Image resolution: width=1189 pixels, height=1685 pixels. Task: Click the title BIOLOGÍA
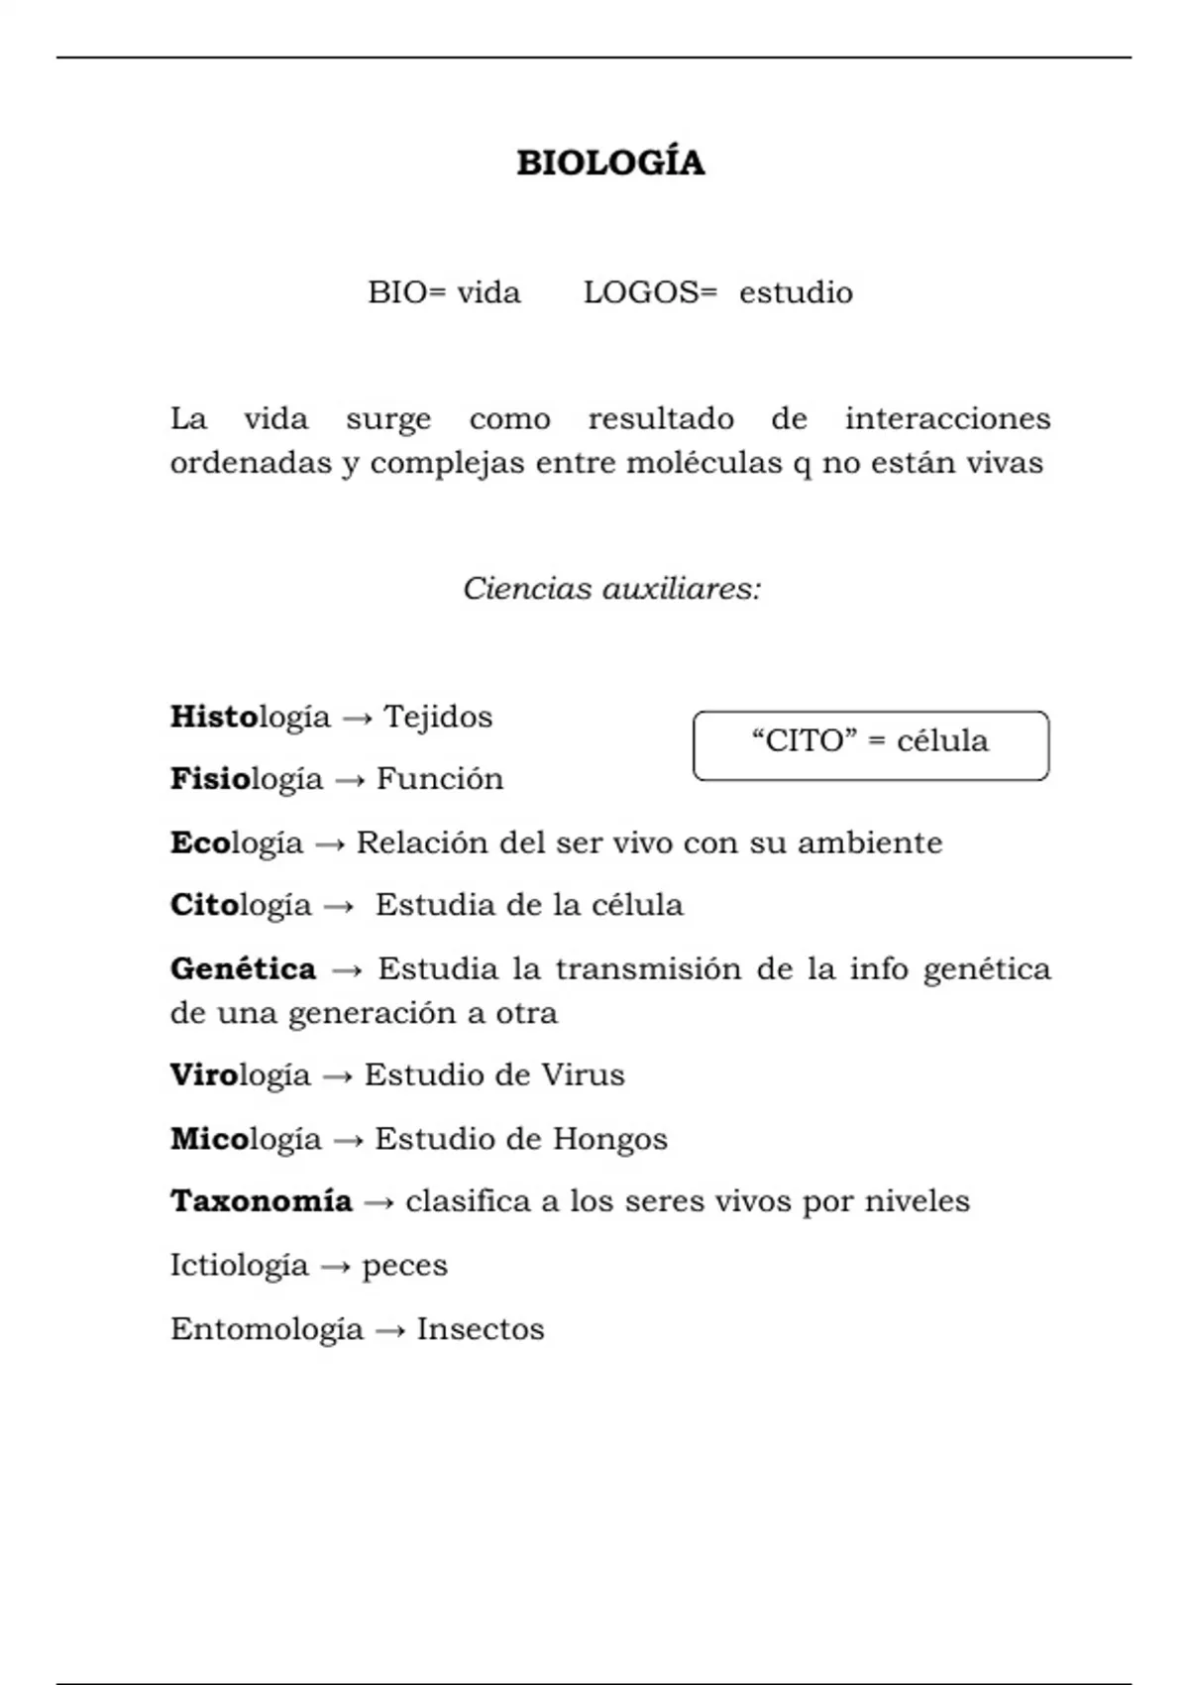coord(610,163)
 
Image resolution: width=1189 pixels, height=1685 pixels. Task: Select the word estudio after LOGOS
coord(796,292)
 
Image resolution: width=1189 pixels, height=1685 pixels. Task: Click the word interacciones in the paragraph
coord(947,418)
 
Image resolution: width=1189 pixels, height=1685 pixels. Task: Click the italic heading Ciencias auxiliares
coord(611,589)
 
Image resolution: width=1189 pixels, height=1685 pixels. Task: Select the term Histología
coord(250,717)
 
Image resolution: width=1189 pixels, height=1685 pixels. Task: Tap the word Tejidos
coord(438,717)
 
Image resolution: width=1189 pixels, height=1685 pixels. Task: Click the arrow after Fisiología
coord(350,781)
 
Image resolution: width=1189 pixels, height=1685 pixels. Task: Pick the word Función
coord(440,779)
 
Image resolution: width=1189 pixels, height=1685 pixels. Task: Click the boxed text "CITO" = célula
coord(870,741)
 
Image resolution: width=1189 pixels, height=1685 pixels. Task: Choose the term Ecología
coord(237,843)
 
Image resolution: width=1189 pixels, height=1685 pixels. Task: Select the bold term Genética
coord(243,968)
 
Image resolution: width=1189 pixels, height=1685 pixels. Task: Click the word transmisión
coord(648,968)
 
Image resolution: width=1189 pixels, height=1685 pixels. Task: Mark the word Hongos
coord(609,1140)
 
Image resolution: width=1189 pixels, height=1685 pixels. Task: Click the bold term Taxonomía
coord(262,1201)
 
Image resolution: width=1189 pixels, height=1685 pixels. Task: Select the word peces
coord(404,1267)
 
